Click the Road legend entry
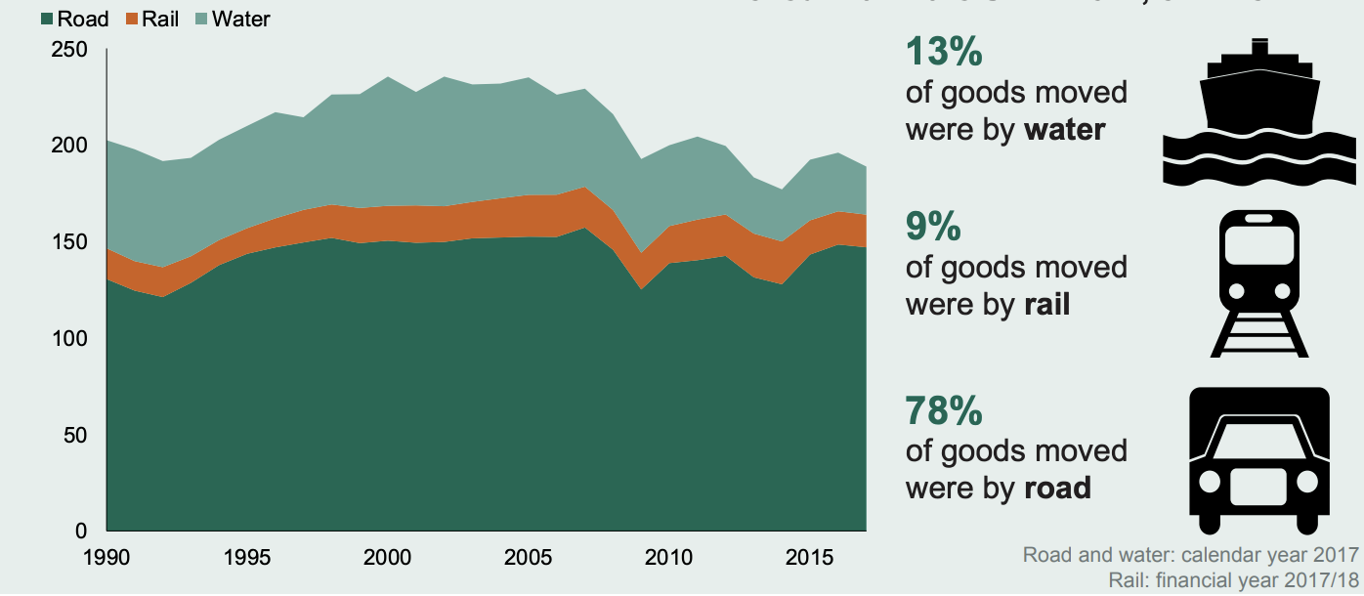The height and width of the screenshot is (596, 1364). click(x=74, y=19)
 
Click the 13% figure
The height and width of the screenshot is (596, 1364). click(x=944, y=53)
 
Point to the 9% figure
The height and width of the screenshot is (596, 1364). click(x=934, y=227)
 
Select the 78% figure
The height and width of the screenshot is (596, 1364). click(x=944, y=411)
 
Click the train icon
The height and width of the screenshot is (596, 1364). click(x=1258, y=283)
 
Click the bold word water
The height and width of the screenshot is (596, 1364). click(x=1064, y=129)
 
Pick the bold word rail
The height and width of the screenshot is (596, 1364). click(x=1046, y=304)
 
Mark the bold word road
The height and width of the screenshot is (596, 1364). click(x=1057, y=486)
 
